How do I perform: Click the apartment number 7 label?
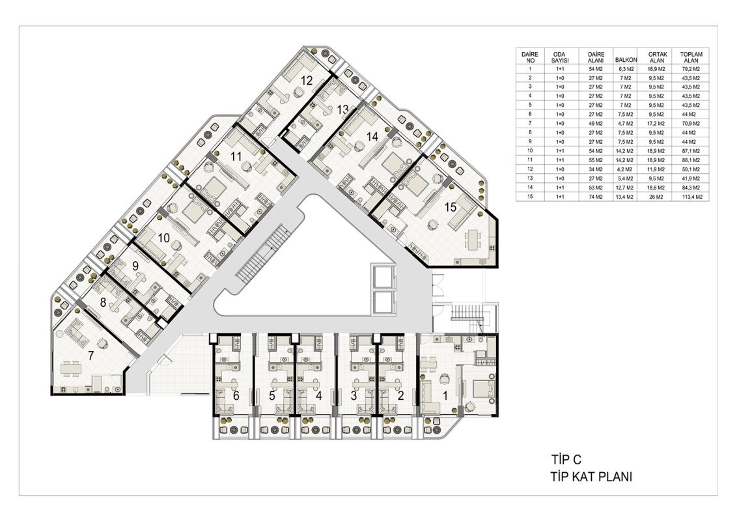[x=91, y=356]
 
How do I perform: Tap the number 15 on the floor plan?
[x=451, y=207]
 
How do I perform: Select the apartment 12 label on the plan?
[x=307, y=80]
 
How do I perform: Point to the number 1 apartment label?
[x=445, y=396]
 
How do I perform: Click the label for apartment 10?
[x=163, y=238]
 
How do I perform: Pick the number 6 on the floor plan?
[x=236, y=396]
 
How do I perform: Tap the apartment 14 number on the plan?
[x=372, y=137]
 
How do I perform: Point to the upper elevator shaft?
[x=384, y=276]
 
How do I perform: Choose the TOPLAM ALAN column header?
[x=691, y=57]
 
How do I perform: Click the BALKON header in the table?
[x=626, y=60]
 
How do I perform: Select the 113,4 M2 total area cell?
[x=692, y=197]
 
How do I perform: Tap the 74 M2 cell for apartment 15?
[x=596, y=197]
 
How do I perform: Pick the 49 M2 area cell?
[x=596, y=124]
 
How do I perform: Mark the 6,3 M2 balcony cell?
[x=626, y=68]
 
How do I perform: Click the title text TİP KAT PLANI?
[x=591, y=477]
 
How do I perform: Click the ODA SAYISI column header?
[x=560, y=57]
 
